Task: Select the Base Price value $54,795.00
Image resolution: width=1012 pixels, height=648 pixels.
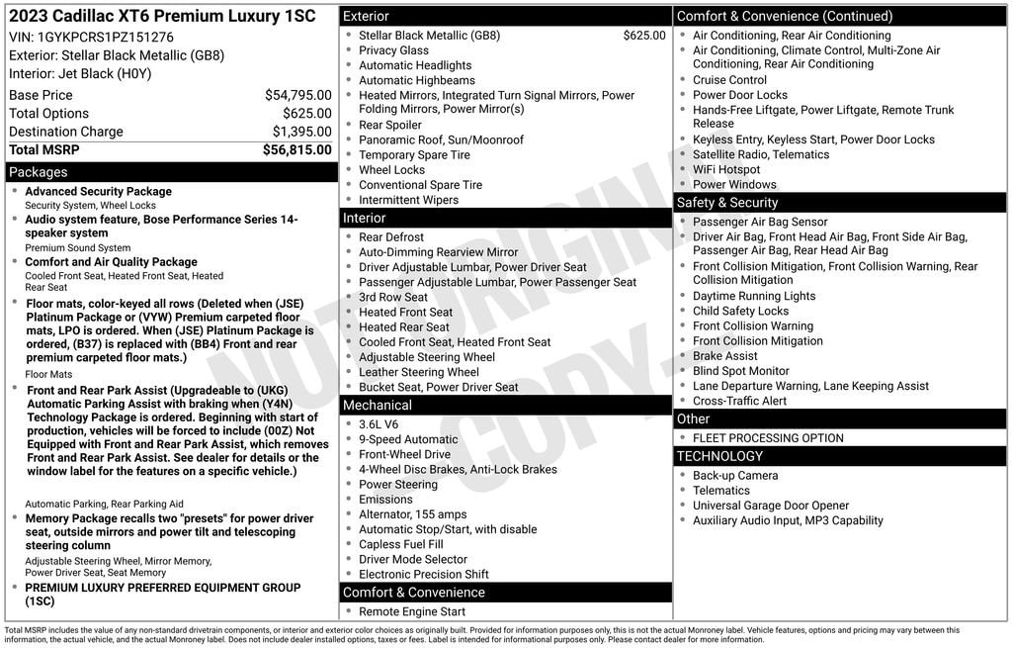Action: pyautogui.click(x=297, y=95)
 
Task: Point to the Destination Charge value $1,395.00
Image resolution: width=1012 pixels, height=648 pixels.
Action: pyautogui.click(x=301, y=132)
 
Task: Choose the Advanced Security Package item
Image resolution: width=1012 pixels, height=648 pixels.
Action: pyautogui.click(x=98, y=192)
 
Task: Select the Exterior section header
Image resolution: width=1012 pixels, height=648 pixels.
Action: pyautogui.click(x=366, y=16)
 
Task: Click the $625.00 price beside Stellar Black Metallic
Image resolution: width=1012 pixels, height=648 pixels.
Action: pyautogui.click(x=644, y=36)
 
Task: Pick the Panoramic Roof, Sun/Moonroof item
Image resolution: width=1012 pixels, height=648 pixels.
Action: pyautogui.click(x=441, y=140)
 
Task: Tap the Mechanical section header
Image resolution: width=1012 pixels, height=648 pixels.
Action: pyautogui.click(x=377, y=405)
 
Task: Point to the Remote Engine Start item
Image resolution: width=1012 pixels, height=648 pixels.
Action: pyautogui.click(x=412, y=612)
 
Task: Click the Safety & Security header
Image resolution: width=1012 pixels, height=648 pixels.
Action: pyautogui.click(x=727, y=202)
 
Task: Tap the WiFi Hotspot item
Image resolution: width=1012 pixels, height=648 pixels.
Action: pyautogui.click(x=726, y=169)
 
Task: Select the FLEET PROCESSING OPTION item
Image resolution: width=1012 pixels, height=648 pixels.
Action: pyautogui.click(x=768, y=438)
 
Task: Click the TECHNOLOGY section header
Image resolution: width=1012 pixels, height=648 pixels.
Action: pyautogui.click(x=719, y=456)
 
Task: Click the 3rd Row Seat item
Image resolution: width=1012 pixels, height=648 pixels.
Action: pyautogui.click(x=393, y=297)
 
